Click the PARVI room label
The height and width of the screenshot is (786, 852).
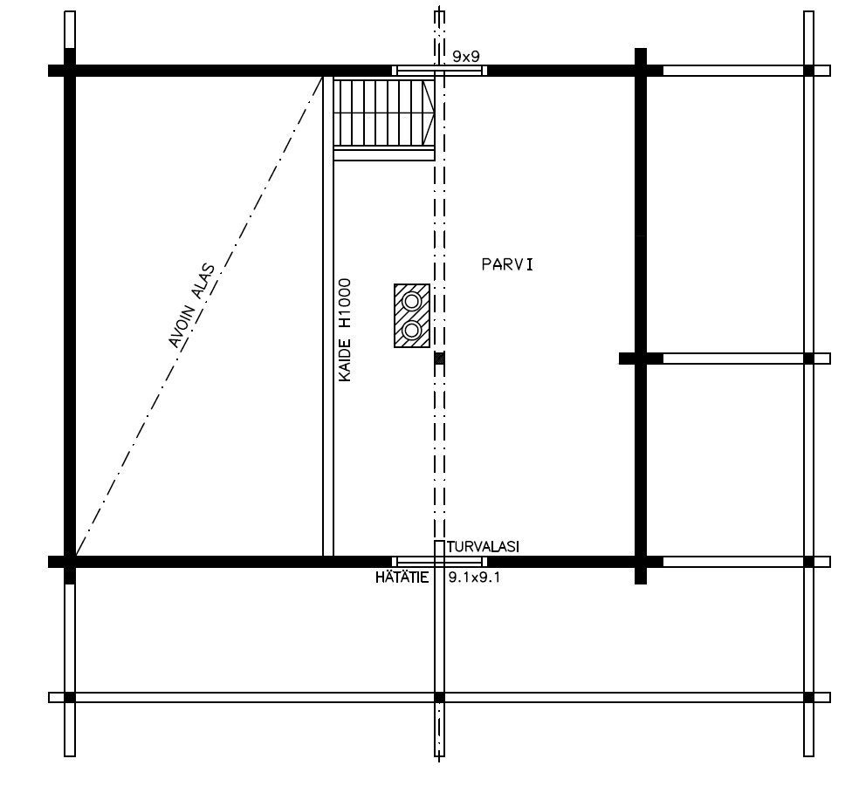507,264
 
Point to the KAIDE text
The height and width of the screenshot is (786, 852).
345,359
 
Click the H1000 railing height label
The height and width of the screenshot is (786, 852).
345,304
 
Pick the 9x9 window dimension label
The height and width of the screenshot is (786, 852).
465,57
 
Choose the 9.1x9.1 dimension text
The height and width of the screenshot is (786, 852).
474,578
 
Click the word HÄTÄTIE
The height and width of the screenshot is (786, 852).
402,578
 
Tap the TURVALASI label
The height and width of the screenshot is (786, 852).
483,547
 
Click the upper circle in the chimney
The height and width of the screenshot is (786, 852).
411,300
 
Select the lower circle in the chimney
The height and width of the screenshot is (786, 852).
411,330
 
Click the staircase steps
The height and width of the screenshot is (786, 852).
379,113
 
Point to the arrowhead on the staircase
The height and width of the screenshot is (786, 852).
429,113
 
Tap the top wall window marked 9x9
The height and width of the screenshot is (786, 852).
440,71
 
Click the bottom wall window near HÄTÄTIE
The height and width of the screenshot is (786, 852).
440,562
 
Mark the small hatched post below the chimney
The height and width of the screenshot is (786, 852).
439,359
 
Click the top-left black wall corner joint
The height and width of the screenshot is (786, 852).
70,71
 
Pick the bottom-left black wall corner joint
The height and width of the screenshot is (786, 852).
70,562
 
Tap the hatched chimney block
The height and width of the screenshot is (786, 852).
412,316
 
